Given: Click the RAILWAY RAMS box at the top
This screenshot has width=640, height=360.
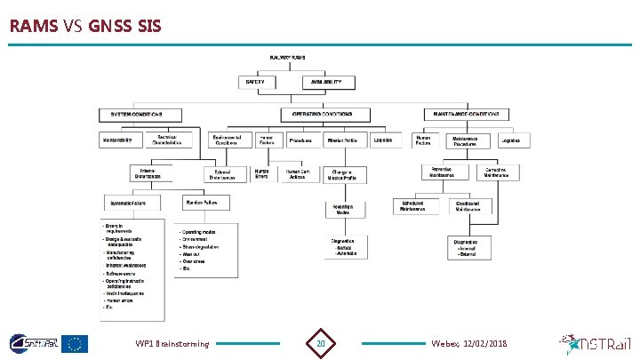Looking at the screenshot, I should click(288, 58).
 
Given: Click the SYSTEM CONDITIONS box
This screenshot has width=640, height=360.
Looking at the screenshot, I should click(140, 115).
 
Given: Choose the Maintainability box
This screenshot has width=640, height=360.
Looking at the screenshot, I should click(118, 140).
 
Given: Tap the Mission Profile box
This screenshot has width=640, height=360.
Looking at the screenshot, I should click(342, 140).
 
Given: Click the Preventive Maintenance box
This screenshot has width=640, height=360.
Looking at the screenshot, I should click(441, 172).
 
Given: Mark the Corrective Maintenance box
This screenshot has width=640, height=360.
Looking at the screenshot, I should click(497, 172).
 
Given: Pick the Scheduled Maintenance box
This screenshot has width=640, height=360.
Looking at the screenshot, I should click(419, 206).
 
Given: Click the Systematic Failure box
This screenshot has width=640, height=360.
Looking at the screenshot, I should click(128, 204).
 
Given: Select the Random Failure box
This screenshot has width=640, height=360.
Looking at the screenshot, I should click(203, 204).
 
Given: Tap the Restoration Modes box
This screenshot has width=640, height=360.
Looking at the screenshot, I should click(342, 210).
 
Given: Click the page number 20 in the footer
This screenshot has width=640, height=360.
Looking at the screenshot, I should click(321, 343).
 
